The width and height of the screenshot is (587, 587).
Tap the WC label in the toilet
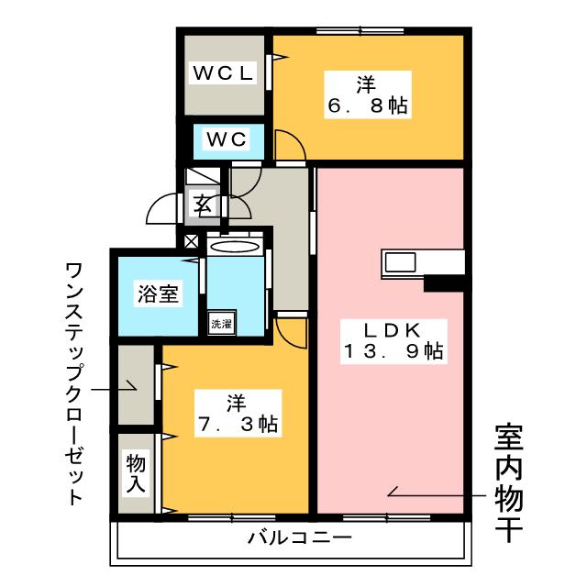point(226,139)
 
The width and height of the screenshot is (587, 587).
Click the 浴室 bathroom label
point(158,293)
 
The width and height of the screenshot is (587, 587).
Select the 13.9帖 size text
point(394,350)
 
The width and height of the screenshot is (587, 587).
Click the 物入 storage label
point(136,473)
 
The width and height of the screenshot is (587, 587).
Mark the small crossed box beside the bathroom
point(191,242)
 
